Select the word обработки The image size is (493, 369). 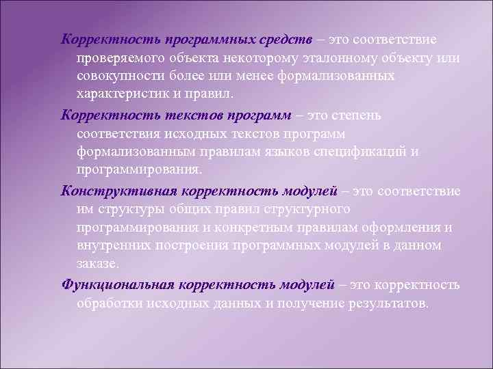click(108, 303)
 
